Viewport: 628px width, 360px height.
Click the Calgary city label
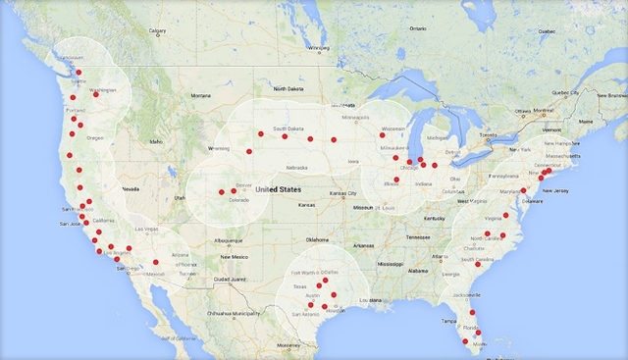tap(158, 29)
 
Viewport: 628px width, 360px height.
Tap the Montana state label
tap(200, 95)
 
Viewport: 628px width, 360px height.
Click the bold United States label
tap(278, 188)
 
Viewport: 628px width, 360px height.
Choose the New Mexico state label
tap(233, 256)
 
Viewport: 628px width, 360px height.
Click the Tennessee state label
tap(418, 236)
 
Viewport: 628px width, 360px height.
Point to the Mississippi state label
tap(395, 264)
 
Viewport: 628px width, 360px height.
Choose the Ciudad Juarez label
tap(235, 279)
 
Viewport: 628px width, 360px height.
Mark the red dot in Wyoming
tap(249, 151)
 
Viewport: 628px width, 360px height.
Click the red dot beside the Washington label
tap(96, 94)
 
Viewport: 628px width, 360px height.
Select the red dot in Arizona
tap(156, 262)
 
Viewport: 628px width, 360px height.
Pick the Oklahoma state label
tap(317, 239)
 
